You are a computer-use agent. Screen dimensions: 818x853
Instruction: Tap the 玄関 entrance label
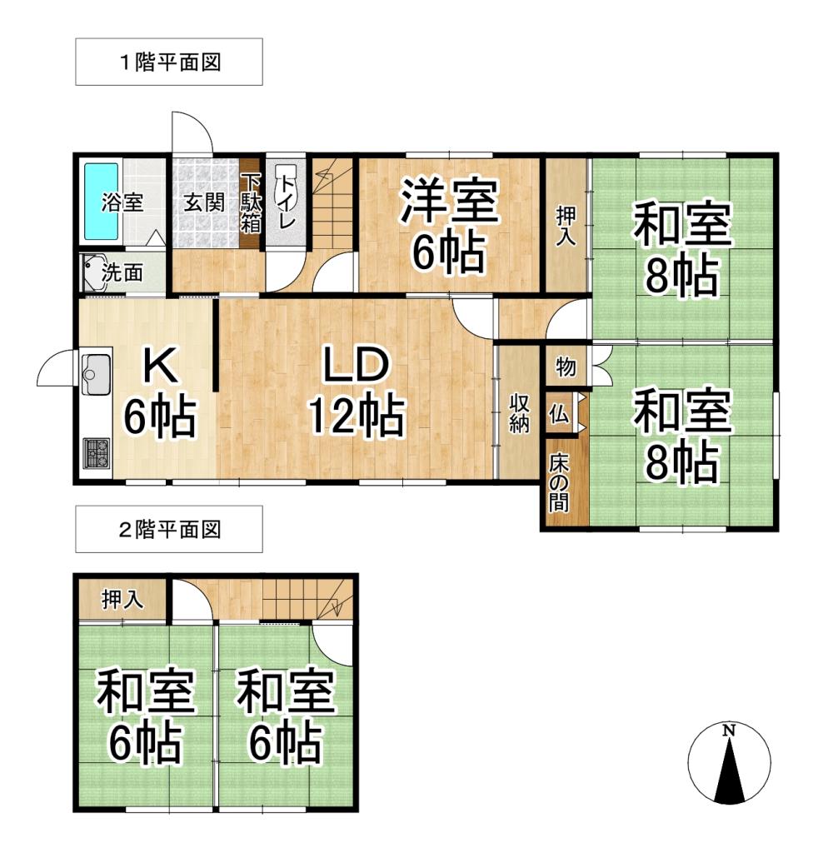pyautogui.click(x=204, y=202)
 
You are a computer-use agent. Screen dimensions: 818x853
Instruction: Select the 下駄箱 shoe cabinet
pyautogui.click(x=251, y=203)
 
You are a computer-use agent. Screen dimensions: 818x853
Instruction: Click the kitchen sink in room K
pyautogui.click(x=97, y=374)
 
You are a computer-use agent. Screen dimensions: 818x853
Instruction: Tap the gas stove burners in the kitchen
pyautogui.click(x=97, y=453)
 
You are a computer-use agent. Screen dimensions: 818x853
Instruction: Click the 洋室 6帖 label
pyautogui.click(x=449, y=226)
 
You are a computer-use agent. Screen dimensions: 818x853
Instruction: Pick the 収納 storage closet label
pyautogui.click(x=519, y=413)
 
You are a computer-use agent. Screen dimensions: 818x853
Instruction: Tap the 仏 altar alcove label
pyautogui.click(x=559, y=415)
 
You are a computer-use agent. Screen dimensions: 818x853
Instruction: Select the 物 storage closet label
pyautogui.click(x=566, y=367)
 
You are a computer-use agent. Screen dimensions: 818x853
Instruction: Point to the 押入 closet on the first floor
pyautogui.click(x=566, y=225)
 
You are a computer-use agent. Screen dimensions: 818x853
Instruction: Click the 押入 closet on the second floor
pyautogui.click(x=123, y=600)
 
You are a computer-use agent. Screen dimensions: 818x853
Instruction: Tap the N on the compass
pyautogui.click(x=729, y=731)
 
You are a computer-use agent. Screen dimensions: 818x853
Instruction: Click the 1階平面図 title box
pyautogui.click(x=169, y=62)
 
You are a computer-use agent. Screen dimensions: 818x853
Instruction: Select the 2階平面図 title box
pyautogui.click(x=169, y=529)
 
